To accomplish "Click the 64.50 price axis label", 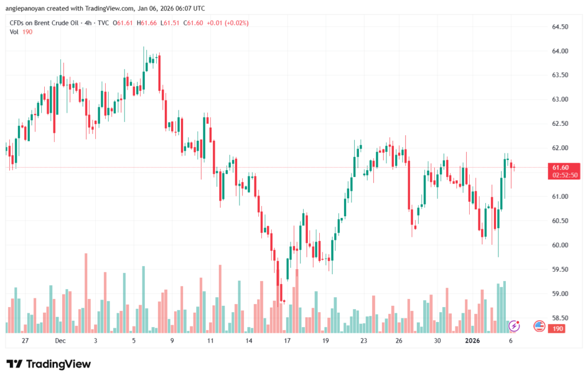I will pos(560,27).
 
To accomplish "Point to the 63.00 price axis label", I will pos(560,99).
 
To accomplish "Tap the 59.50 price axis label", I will pos(560,269).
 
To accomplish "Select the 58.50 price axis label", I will pos(560,318).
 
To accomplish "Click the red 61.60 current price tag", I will pos(560,167).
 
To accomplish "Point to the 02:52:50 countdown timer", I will pos(565,175).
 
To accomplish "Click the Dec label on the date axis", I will pos(60,340).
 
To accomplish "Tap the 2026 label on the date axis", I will pos(472,340).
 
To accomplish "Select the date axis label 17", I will pos(287,340).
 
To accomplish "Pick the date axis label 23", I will pos(363,340).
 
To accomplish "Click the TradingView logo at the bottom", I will pos(48,364).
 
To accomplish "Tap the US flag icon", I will pos(539,326).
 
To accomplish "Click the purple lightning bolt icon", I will pos(514,326).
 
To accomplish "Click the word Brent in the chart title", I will pos(44,22).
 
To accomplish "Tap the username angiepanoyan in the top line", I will pos(28,8).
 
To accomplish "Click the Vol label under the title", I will pos(14,32).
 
